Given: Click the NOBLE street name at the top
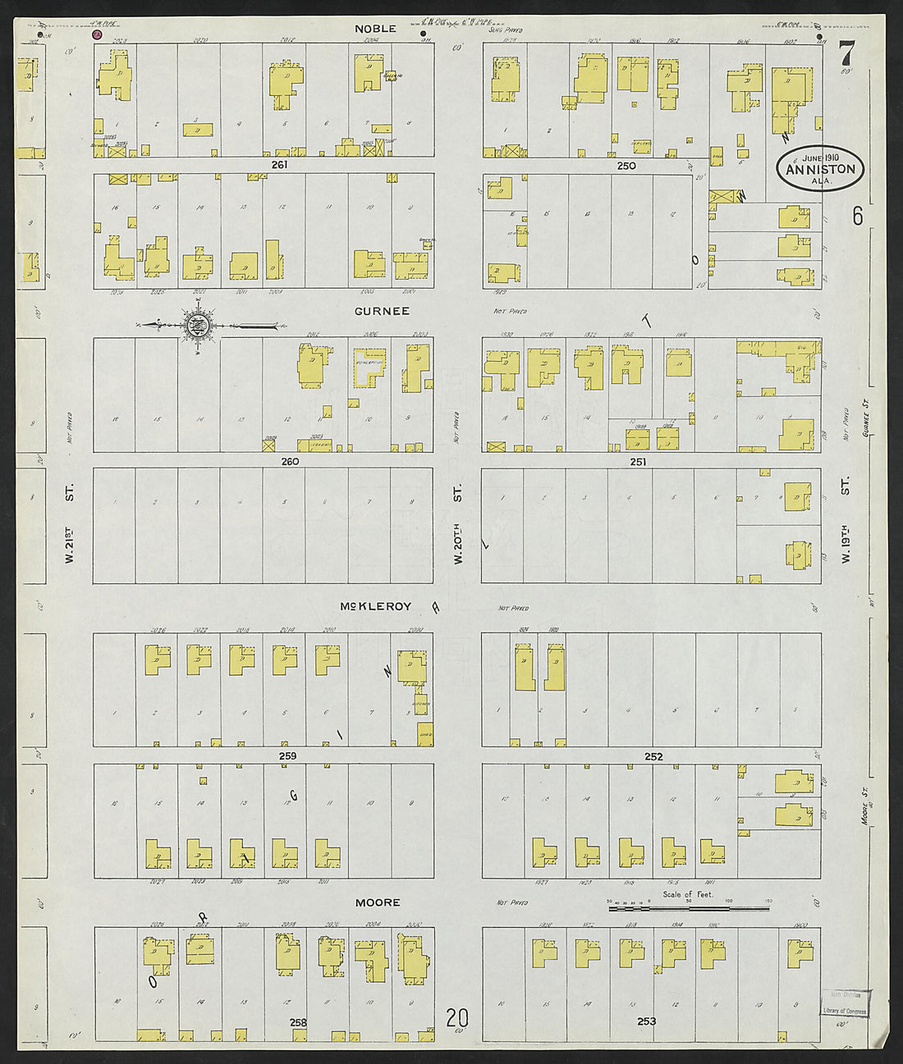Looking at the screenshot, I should click(x=376, y=29).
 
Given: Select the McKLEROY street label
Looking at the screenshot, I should click(x=376, y=607).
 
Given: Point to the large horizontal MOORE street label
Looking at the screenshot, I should click(x=378, y=902).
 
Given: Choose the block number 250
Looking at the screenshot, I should click(x=627, y=166).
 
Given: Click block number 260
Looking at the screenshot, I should click(x=290, y=461).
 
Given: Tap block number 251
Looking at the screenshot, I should click(x=638, y=462).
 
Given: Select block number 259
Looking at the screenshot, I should click(x=286, y=756).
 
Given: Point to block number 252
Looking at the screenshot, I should click(x=653, y=756).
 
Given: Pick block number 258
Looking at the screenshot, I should click(x=298, y=1022).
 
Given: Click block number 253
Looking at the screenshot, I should click(x=647, y=1021).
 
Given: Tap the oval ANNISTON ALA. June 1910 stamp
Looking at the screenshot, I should click(x=820, y=168).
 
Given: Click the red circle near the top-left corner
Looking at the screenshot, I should click(x=97, y=34).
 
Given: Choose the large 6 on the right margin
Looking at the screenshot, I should click(x=857, y=216).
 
